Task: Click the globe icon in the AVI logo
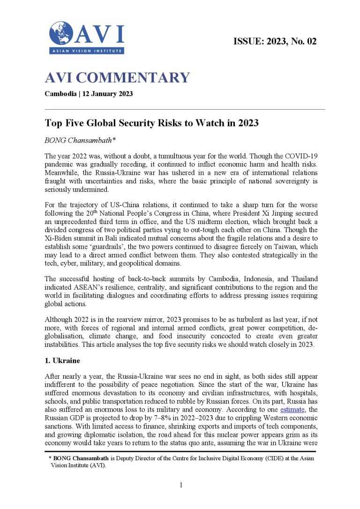pos(61,34)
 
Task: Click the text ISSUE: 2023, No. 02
pos(275,41)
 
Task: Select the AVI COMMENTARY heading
pos(117,78)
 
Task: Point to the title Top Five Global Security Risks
pos(151,123)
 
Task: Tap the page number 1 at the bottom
pos(180,485)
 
